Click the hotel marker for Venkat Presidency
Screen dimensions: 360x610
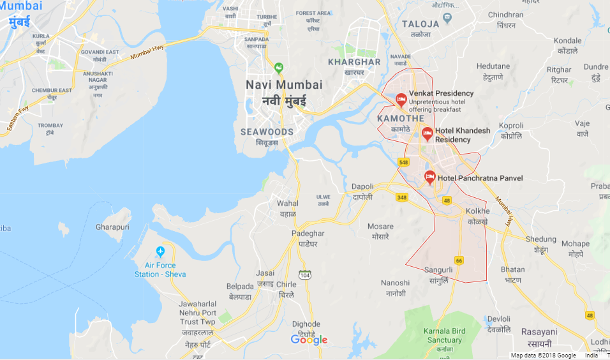(401, 100)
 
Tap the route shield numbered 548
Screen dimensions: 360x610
(403, 163)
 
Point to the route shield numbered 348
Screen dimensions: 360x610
(401, 197)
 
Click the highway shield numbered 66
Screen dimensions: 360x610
(459, 260)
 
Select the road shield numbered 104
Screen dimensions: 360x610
(306, 274)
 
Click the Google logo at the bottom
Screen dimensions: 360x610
(309, 340)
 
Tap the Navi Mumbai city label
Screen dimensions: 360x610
(284, 85)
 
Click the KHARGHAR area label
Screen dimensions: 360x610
(353, 62)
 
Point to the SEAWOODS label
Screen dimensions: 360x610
(267, 131)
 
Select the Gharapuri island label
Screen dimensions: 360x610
(112, 227)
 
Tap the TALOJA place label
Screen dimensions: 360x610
(420, 24)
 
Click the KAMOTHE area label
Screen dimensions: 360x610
(400, 119)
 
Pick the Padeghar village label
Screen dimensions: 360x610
(309, 234)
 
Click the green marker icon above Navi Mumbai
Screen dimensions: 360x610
(278, 68)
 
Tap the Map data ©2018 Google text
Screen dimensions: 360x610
(543, 356)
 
